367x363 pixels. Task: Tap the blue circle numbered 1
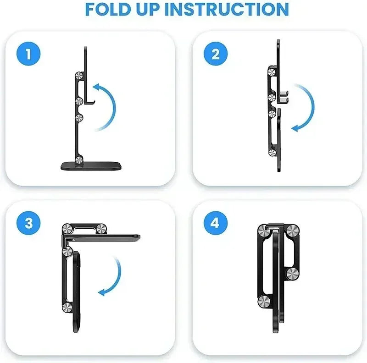[x=29, y=55]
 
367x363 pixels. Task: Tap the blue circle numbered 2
[x=216, y=55]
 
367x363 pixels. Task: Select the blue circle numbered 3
[x=29, y=223]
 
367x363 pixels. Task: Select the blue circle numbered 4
[x=215, y=223]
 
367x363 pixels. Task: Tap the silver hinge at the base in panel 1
[x=79, y=159]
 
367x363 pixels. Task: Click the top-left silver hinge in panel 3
[x=67, y=231]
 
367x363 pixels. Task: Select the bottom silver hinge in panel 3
[x=67, y=308]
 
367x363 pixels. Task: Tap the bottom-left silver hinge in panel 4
[x=264, y=301]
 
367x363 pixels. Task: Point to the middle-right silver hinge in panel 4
[x=291, y=274]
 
